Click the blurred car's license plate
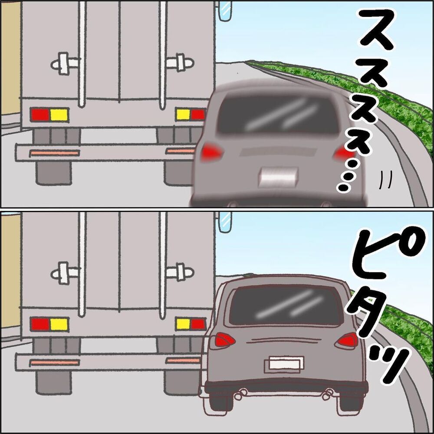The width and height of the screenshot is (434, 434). coord(278,177)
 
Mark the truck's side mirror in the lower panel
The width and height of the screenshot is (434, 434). coord(225,221)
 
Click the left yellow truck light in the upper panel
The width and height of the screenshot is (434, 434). coord(59,115)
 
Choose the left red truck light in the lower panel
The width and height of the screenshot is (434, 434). coord(39,324)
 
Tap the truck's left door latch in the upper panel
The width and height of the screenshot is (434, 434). coord(65,63)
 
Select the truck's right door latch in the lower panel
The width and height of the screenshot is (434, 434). coord(180,273)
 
